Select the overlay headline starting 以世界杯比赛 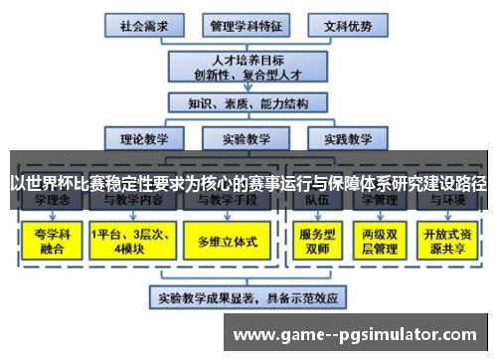coord(248,183)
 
